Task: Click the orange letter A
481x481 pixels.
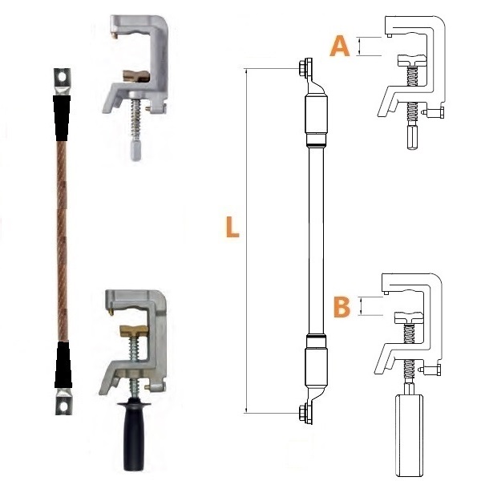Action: tap(340, 46)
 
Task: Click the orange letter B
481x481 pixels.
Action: tap(342, 307)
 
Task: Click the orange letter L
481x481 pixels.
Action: tap(232, 227)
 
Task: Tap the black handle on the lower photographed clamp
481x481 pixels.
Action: tap(135, 436)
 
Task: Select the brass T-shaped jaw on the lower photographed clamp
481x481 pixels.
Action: tap(134, 329)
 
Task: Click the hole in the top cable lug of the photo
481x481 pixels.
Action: tap(63, 76)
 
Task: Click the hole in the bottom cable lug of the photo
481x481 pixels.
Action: tap(63, 406)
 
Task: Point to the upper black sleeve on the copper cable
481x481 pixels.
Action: tap(62, 118)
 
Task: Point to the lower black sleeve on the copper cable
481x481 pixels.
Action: tap(63, 365)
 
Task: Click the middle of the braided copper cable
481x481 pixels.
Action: tap(62, 241)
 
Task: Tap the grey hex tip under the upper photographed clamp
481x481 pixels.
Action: tap(135, 150)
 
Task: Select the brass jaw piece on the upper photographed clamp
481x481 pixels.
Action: tap(136, 76)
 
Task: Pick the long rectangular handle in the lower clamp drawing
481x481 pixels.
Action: tap(409, 437)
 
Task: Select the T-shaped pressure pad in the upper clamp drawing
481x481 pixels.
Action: tap(412, 61)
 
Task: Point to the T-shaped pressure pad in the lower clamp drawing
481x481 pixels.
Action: tap(409, 318)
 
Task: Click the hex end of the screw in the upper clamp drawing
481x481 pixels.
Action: tap(412, 137)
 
